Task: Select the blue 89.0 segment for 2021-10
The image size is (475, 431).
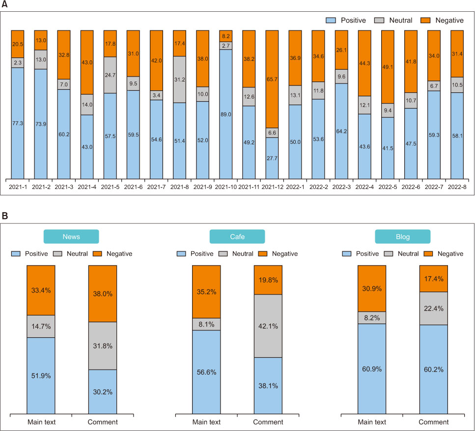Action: [226, 114]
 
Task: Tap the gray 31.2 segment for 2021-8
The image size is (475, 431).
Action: [180, 79]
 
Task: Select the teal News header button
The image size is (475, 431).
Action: [71, 236]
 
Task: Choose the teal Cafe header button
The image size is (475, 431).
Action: [237, 236]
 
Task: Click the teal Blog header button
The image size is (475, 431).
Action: [403, 236]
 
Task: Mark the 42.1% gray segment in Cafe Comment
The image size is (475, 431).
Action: [268, 325]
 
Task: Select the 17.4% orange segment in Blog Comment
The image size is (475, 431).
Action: [434, 278]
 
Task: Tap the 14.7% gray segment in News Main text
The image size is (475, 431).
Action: [41, 326]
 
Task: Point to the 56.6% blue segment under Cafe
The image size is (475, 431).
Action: [206, 372]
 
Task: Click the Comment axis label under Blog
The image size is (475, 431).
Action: [434, 422]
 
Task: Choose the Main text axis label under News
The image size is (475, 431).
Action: [41, 422]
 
